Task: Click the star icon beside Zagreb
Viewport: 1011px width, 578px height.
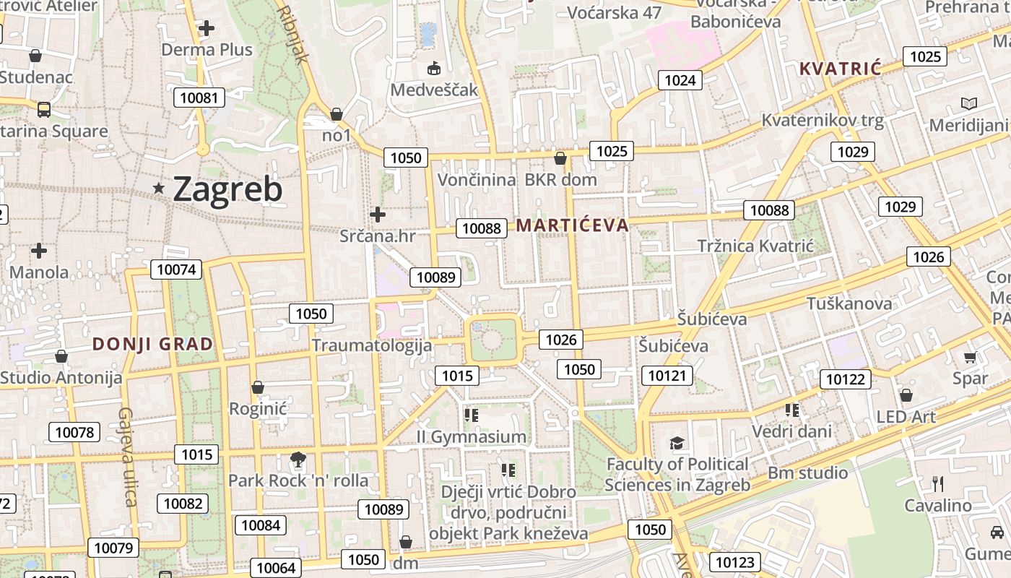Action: coord(159,189)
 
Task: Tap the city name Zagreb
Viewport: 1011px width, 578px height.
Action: coord(227,190)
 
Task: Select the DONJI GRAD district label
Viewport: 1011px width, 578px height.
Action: coord(153,344)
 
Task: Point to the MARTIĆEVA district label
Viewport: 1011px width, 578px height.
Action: coord(572,225)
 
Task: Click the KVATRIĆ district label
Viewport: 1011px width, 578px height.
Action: coord(841,69)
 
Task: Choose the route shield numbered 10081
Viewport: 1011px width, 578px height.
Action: coord(199,98)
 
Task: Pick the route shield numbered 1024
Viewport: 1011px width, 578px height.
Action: coord(680,80)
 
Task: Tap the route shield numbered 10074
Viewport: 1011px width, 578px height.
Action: coord(176,270)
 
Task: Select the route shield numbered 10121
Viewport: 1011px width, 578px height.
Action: coord(667,376)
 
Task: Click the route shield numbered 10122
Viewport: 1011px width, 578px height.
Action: coord(845,379)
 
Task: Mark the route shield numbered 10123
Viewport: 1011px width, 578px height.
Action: coord(735,562)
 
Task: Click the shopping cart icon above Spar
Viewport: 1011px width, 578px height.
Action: coord(970,358)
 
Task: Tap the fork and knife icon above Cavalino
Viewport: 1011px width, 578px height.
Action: coord(938,483)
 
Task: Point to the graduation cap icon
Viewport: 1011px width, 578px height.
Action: coord(677,443)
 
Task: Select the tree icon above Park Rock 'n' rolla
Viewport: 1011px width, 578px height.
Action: coord(297,460)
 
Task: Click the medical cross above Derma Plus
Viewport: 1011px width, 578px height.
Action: coord(207,29)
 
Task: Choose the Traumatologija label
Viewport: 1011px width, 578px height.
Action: coord(372,345)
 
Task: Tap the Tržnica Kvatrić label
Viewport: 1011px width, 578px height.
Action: coord(755,246)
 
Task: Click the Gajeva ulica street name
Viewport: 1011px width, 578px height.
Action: coord(127,457)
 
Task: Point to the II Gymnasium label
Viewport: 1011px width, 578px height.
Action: coord(472,437)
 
